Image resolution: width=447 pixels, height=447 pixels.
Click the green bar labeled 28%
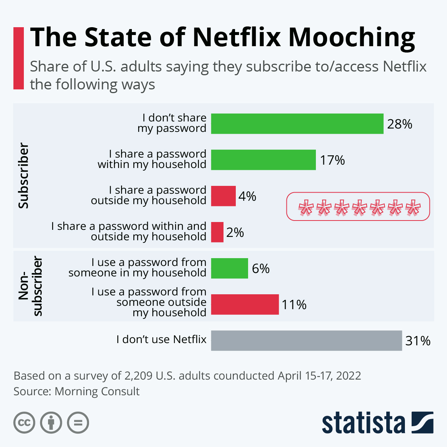click(297, 124)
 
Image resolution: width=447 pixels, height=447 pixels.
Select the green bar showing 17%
click(263, 160)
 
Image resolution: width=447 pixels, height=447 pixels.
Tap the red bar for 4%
click(223, 196)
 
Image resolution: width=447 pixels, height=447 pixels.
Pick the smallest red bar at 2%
click(217, 232)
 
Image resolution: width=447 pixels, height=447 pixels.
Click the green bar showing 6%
click(229, 268)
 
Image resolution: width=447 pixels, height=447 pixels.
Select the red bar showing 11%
click(245, 304)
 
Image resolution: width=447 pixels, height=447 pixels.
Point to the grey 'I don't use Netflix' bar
click(306, 340)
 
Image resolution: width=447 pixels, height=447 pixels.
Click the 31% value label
click(418, 340)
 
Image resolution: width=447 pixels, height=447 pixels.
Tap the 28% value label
click(399, 124)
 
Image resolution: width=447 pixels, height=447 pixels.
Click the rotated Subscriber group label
click(23, 175)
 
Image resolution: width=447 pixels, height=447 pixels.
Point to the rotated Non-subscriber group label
click(31, 286)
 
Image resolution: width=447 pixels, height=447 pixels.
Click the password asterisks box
click(358, 206)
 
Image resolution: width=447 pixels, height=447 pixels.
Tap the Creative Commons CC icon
click(24, 423)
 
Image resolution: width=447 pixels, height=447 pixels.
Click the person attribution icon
click(51, 423)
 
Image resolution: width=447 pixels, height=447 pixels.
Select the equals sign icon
click(78, 423)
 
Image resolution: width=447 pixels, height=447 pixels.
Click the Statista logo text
click(363, 423)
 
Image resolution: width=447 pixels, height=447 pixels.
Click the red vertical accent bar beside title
click(19, 58)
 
